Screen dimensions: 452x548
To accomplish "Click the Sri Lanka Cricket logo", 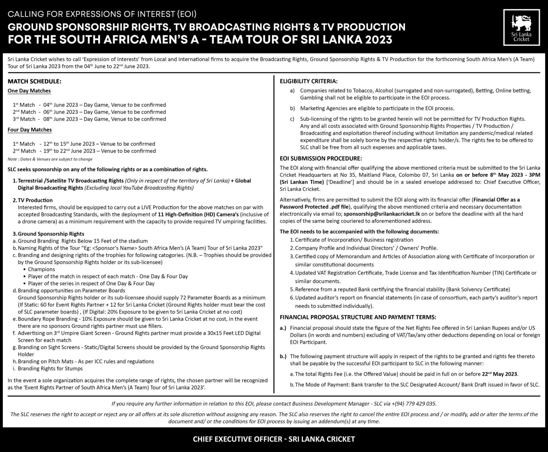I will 521,28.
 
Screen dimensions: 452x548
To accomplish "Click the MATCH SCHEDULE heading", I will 35,81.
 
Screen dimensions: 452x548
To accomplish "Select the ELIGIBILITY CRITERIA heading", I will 309,81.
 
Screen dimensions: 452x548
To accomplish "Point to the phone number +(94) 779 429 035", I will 413,404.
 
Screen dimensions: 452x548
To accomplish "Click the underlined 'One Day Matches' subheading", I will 29,91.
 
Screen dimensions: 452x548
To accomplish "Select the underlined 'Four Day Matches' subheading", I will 30,130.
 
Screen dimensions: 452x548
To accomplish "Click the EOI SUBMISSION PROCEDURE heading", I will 321,158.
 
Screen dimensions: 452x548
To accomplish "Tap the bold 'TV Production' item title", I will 35,200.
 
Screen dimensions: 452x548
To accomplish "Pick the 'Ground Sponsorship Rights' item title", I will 51,234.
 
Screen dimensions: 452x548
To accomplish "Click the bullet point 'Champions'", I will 41,269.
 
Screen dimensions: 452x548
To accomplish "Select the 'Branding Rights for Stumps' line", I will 50,368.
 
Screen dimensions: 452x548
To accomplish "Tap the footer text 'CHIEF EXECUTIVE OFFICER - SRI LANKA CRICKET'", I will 274,439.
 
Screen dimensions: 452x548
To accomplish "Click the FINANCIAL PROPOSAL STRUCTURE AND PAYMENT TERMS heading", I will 358,317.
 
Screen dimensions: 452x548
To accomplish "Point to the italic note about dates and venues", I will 50,159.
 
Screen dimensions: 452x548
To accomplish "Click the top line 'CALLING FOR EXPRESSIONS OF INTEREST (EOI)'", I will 102,15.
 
